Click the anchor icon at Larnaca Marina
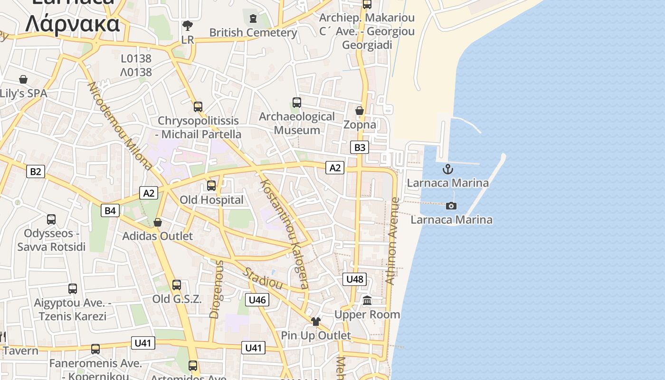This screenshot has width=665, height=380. click(x=448, y=169)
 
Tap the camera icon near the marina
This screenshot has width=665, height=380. click(x=451, y=206)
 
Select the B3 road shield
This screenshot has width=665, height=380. click(x=360, y=147)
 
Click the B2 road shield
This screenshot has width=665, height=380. click(x=36, y=171)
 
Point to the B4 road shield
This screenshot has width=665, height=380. click(x=110, y=210)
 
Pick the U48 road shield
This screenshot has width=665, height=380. click(x=354, y=279)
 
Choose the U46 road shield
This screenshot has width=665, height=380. click(x=257, y=299)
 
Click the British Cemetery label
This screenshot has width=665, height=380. click(x=253, y=32)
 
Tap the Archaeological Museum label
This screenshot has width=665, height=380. click(x=297, y=123)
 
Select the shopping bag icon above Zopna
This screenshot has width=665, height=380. click(x=360, y=111)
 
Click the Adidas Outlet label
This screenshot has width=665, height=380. click(x=158, y=236)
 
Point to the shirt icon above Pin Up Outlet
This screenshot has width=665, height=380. click(x=316, y=322)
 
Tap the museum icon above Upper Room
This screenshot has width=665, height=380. click(x=367, y=301)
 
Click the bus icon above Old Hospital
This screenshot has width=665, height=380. click(x=211, y=186)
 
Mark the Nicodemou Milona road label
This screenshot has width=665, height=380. click(x=120, y=126)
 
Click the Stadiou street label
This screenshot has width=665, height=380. click(x=263, y=278)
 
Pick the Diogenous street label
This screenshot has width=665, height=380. click(x=216, y=289)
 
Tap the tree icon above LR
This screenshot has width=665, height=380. click(x=188, y=25)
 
